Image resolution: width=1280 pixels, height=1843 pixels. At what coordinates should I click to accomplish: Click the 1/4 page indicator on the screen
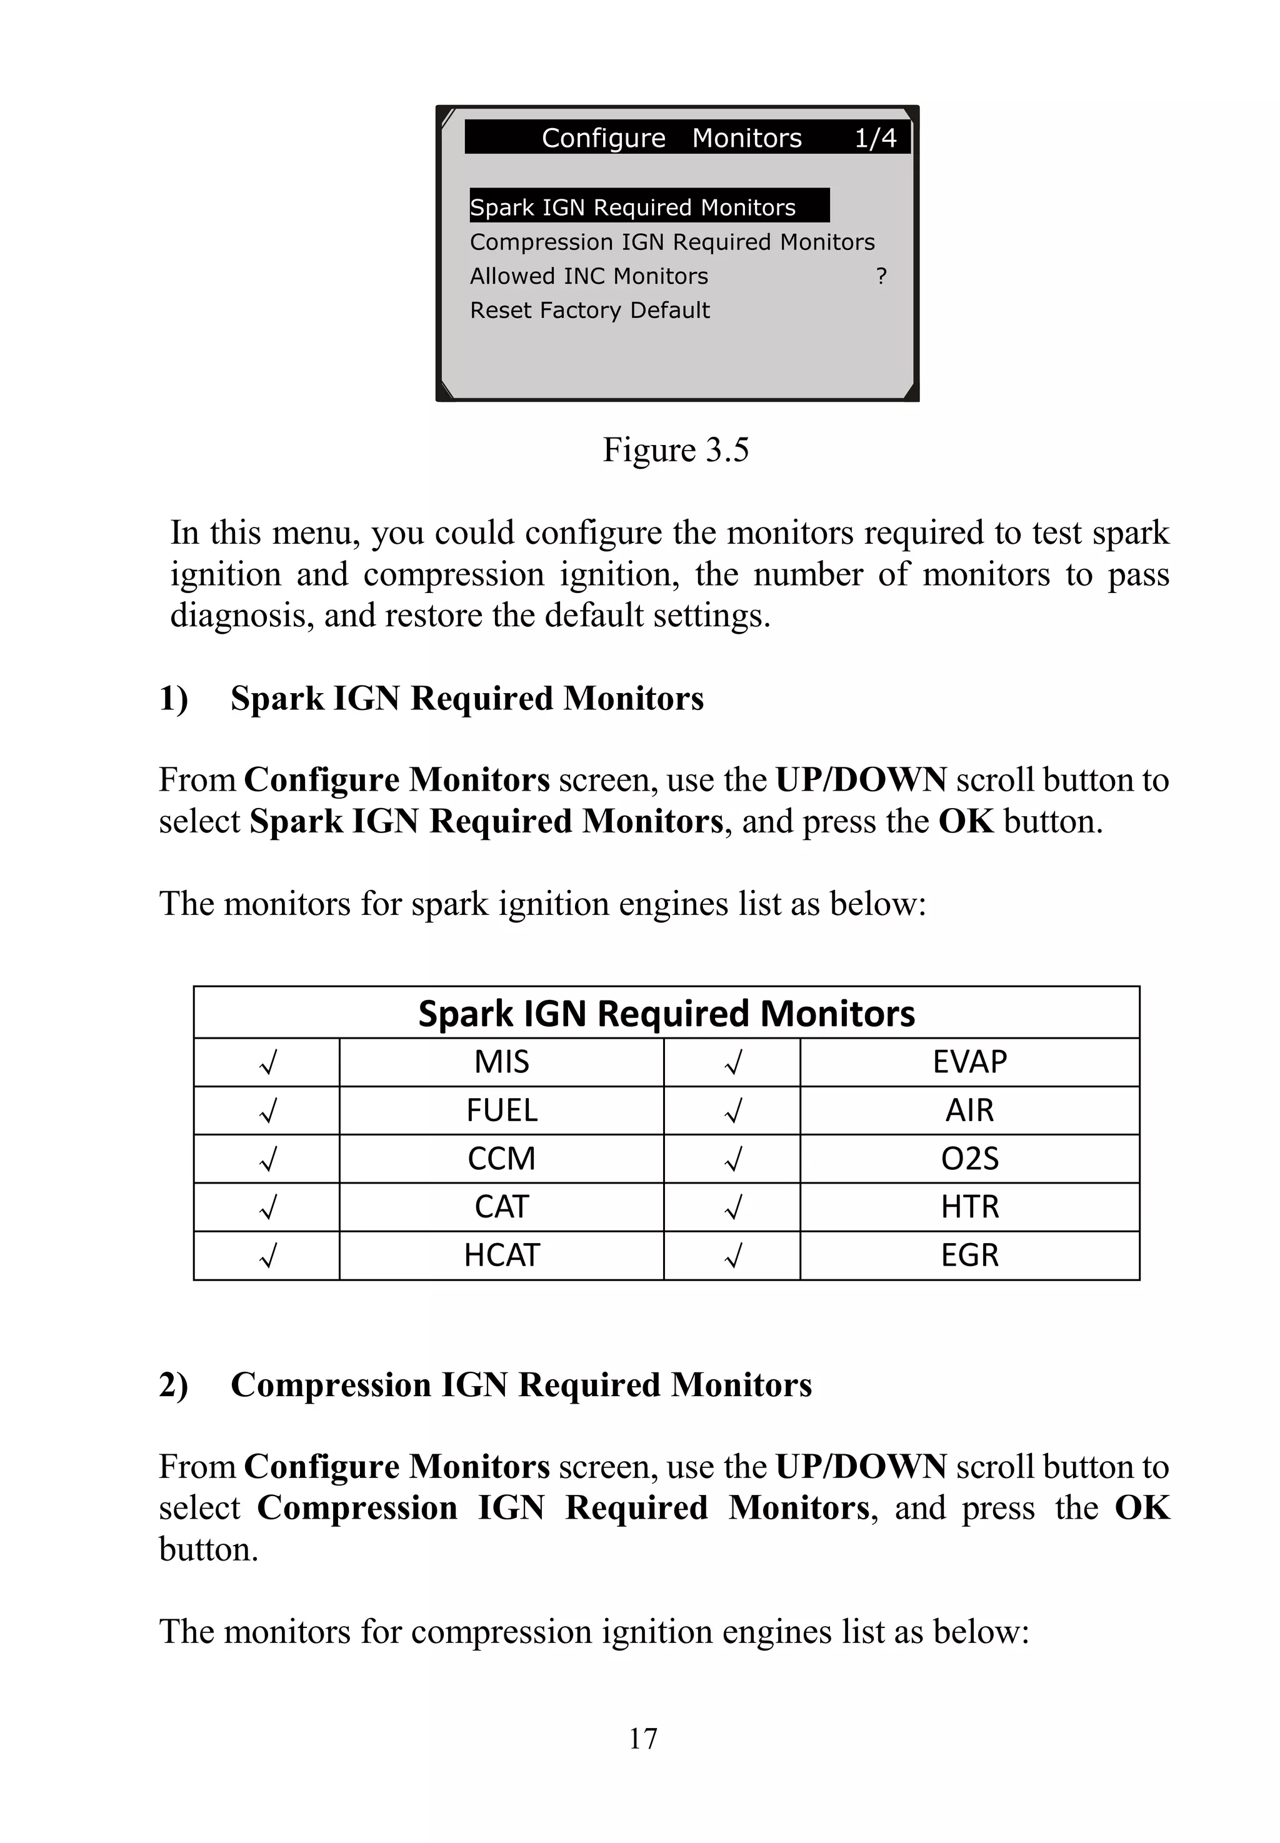point(875,138)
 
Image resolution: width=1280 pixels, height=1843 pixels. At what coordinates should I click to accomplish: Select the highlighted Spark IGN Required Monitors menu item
point(632,207)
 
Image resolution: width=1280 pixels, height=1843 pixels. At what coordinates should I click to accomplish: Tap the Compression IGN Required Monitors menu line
point(672,241)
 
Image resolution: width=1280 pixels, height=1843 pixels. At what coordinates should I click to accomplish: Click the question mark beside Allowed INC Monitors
point(881,276)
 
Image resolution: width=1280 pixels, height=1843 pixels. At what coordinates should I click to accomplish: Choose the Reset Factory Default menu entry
point(589,309)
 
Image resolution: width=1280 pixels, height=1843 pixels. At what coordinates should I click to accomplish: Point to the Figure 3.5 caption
point(675,449)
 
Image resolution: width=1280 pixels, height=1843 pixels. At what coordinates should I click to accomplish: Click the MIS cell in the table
point(501,1062)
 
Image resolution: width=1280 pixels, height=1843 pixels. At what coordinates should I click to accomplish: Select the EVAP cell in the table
point(969,1062)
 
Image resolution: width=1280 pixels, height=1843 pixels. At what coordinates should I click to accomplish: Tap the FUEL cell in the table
point(501,1110)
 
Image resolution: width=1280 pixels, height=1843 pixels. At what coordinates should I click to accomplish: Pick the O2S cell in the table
point(969,1158)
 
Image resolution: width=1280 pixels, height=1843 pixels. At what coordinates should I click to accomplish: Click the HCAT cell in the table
point(501,1254)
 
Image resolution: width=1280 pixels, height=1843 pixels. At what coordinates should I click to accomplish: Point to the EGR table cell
point(969,1254)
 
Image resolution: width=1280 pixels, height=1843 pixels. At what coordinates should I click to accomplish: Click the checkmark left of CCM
point(268,1159)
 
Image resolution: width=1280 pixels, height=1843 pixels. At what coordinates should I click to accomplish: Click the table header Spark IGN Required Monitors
point(666,1013)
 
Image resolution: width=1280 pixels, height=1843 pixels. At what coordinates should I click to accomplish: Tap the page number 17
point(642,1738)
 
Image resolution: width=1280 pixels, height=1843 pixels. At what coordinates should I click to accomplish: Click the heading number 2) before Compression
point(173,1385)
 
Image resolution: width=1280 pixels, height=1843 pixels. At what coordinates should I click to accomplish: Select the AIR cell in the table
point(969,1110)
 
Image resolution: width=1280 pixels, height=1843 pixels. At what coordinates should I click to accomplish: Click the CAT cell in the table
point(501,1206)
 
